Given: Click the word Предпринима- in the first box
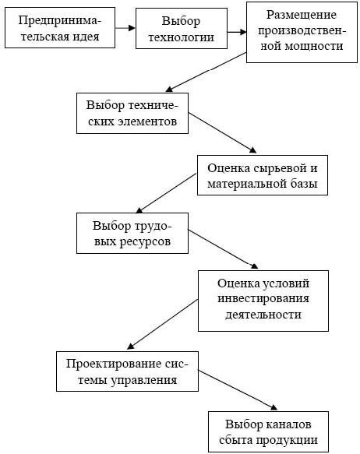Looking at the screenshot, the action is [60, 21].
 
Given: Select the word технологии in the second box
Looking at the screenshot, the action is [182, 37].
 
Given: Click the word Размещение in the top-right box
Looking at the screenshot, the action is [302, 15].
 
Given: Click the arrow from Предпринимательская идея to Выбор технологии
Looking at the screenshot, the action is [125, 28].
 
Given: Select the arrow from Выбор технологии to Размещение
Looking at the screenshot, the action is [237, 32].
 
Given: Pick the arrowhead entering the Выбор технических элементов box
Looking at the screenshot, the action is [169, 90].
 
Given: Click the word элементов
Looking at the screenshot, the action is [146, 121].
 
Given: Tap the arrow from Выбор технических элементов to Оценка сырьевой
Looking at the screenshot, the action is [222, 132].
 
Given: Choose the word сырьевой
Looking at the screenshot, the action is [280, 168].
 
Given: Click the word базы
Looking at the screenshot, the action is [305, 184].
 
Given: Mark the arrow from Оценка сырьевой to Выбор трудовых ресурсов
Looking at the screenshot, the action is [166, 193].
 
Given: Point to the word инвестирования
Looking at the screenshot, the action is [263, 299].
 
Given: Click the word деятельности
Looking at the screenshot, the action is [263, 315].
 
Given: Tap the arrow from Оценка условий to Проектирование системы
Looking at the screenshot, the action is [163, 324].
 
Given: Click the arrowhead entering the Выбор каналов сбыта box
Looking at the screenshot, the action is [274, 408].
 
